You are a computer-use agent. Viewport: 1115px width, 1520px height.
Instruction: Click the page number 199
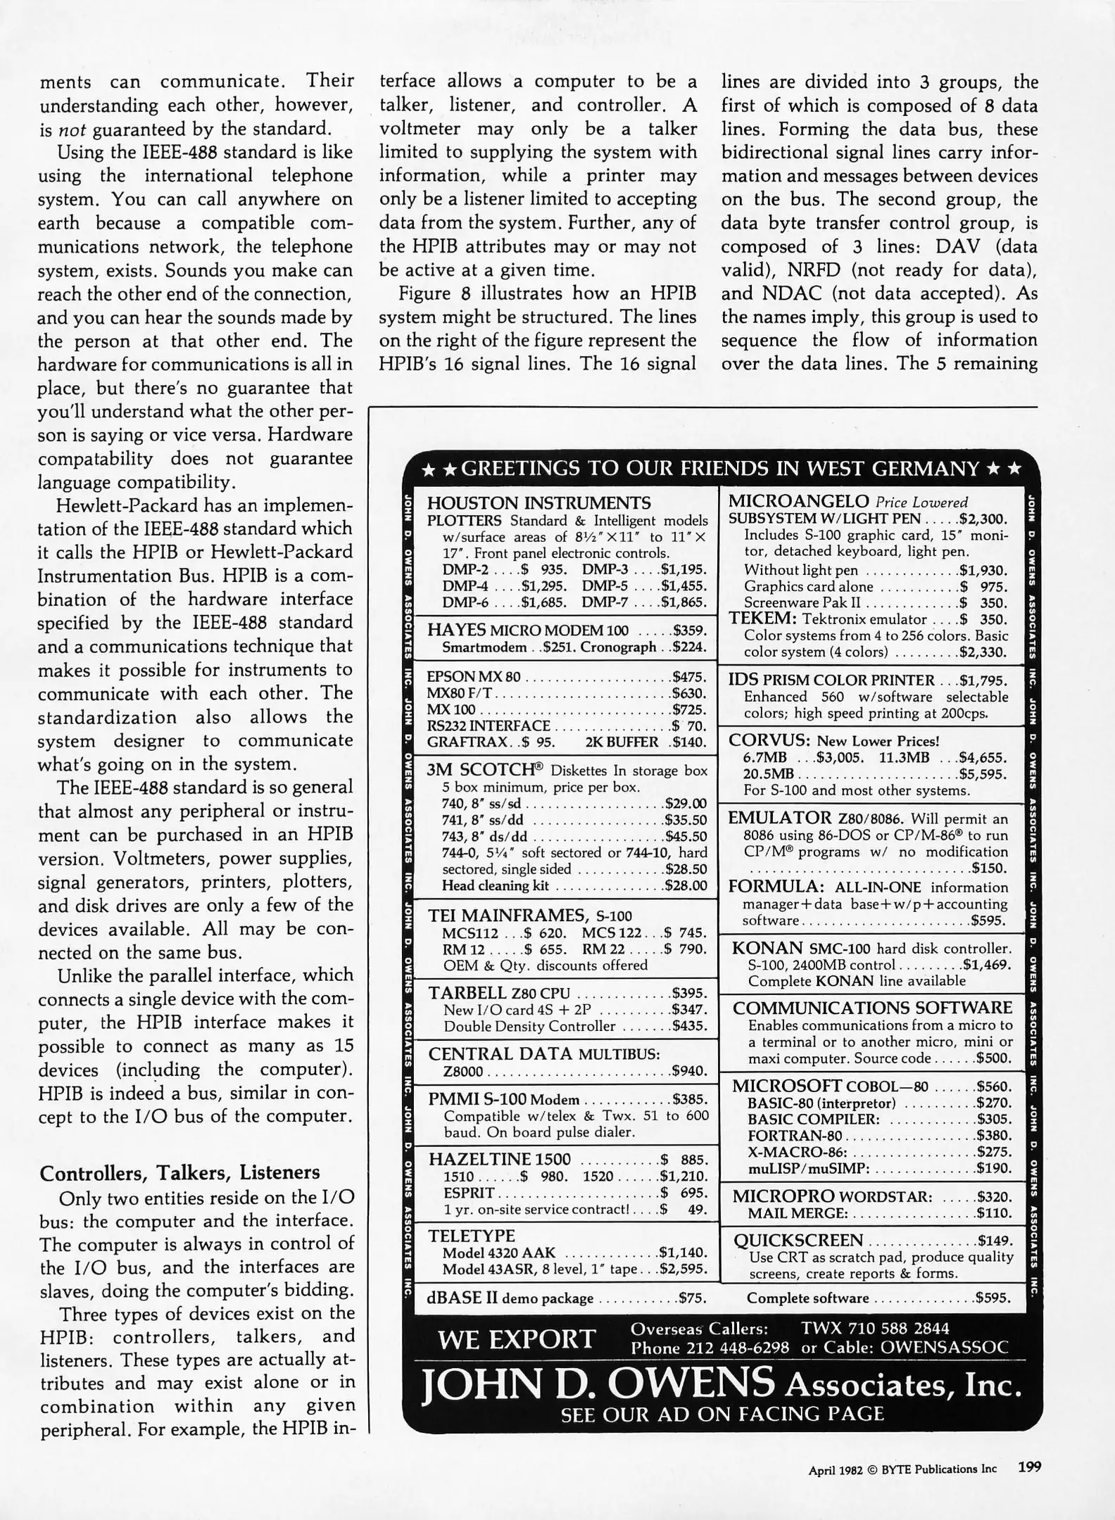pos(1028,1467)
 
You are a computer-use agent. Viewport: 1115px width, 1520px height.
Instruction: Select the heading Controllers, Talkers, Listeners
pos(179,1172)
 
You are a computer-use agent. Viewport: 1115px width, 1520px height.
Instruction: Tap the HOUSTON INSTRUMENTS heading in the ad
pos(538,502)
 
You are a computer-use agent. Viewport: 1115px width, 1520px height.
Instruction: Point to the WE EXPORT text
pos(516,1339)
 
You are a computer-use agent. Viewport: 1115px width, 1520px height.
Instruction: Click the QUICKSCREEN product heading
pos(798,1240)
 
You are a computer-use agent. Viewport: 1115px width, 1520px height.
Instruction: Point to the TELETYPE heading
pos(472,1236)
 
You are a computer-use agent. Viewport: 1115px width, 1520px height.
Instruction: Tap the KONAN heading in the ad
pos(767,948)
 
